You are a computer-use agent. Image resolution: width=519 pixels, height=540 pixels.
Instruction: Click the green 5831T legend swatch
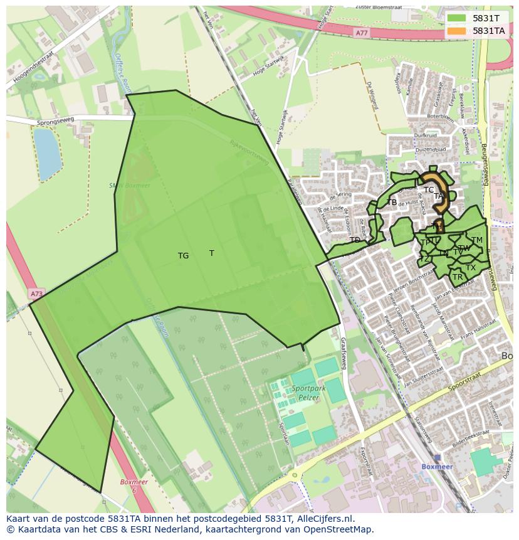coord(456,18)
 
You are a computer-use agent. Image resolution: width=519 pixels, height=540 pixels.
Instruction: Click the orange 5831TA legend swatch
coord(456,31)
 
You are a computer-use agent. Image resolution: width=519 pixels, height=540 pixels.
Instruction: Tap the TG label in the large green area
coord(183,256)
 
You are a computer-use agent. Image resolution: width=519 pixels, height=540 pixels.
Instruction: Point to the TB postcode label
coord(392,203)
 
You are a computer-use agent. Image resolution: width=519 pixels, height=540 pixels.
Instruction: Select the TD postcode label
coord(355,240)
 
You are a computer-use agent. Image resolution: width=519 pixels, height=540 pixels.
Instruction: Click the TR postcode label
coord(458,277)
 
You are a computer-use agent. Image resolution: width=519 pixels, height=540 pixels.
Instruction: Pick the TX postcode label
coord(471,268)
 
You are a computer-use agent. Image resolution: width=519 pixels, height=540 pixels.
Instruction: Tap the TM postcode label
coord(477,240)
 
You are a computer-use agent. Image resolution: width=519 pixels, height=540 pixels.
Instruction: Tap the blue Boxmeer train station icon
coord(437,458)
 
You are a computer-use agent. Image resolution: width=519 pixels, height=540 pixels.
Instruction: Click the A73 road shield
coord(37,293)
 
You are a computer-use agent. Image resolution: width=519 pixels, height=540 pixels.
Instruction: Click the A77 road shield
coord(361,33)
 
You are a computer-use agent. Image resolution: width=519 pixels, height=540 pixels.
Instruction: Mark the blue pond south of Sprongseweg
coord(47,152)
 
